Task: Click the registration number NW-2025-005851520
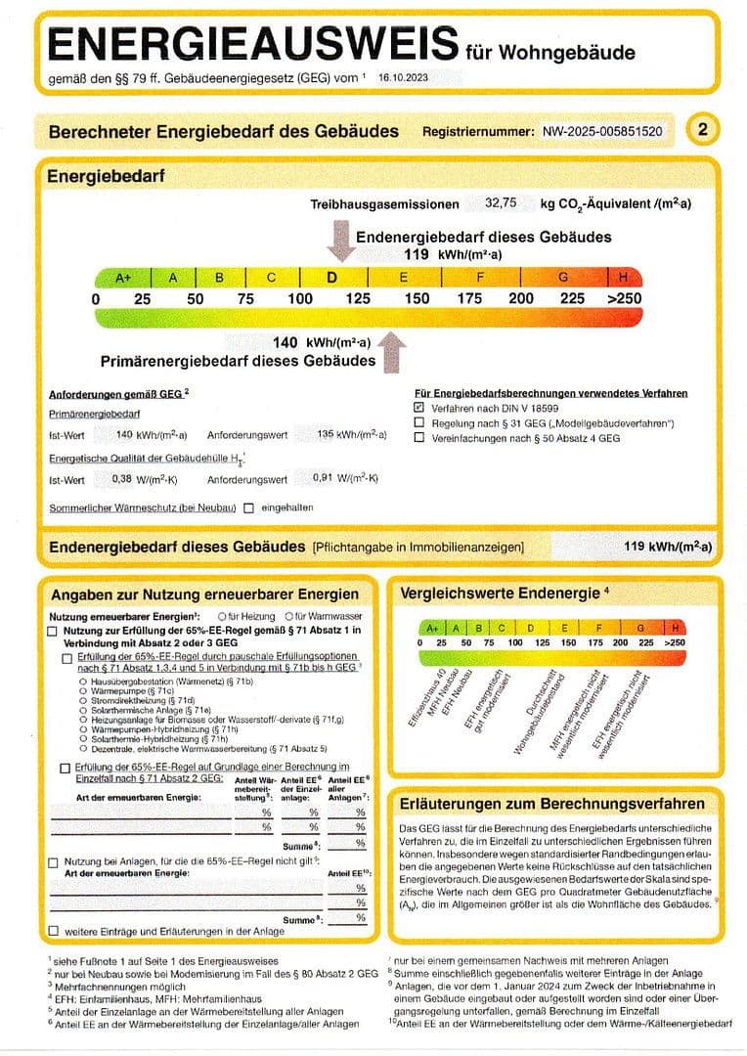point(602,131)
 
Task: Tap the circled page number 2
point(704,130)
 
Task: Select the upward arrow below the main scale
point(393,351)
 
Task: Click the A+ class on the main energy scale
point(123,278)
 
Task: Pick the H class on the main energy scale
point(623,278)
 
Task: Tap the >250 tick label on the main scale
point(624,298)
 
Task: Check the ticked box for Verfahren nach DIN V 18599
point(419,407)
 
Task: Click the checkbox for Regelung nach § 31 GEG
point(419,422)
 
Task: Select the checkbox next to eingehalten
point(249,507)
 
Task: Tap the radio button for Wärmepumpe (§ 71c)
point(84,690)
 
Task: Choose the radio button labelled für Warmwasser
point(288,617)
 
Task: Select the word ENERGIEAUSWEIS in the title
point(252,45)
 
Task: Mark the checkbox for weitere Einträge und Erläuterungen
point(54,931)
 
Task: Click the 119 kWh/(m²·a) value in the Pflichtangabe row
point(667,548)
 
